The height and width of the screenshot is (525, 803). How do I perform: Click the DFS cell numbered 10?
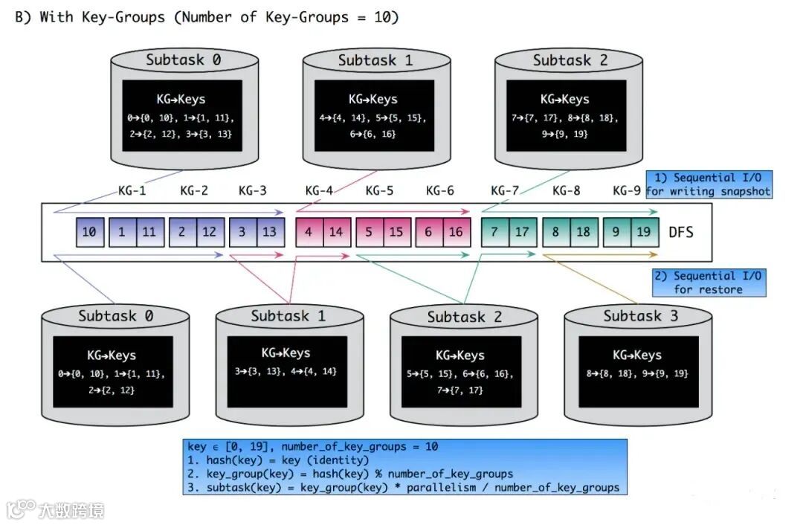pyautogui.click(x=89, y=231)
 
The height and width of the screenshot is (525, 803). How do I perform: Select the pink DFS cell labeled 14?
pyautogui.click(x=336, y=231)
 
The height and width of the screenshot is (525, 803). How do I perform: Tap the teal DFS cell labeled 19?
pyautogui.click(x=643, y=231)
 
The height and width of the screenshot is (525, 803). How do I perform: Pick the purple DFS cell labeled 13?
pyautogui.click(x=270, y=231)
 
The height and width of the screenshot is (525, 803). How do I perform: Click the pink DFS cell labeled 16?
pyautogui.click(x=456, y=231)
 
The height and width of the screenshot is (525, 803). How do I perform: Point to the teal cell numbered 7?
pyautogui.click(x=494, y=231)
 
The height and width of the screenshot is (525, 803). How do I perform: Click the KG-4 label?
pyautogui.click(x=319, y=190)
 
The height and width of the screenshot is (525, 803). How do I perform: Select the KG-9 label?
pyautogui.click(x=627, y=190)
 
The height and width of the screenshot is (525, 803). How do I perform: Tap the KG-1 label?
pyautogui.click(x=132, y=190)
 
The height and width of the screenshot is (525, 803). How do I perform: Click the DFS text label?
pyautogui.click(x=680, y=231)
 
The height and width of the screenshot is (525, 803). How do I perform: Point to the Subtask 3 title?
pyautogui.click(x=640, y=316)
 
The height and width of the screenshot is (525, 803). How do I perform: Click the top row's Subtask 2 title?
pyautogui.click(x=570, y=61)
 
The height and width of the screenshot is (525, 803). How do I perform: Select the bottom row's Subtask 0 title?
pyautogui.click(x=116, y=316)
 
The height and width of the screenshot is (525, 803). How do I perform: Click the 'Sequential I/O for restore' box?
pyautogui.click(x=708, y=283)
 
